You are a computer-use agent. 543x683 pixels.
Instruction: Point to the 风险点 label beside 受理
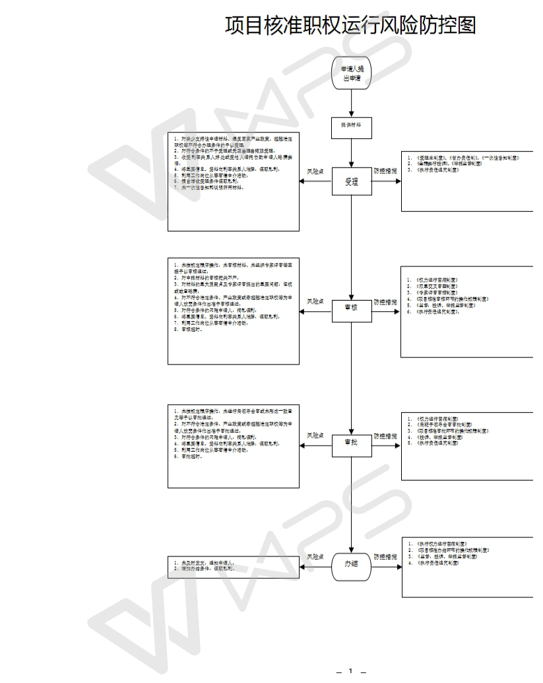(315, 171)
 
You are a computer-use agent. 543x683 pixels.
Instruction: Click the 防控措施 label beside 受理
(385, 171)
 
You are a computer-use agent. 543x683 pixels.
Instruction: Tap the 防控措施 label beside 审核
(385, 302)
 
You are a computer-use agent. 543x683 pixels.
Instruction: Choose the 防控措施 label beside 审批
(385, 436)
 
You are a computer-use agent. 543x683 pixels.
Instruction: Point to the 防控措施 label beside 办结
(385, 557)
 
